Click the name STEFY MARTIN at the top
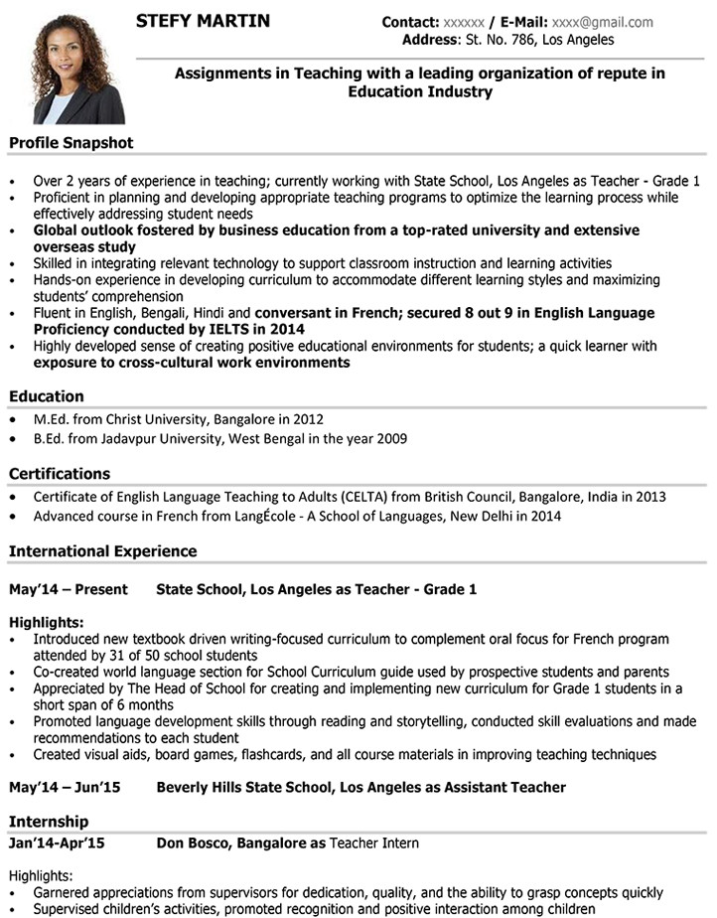click(x=203, y=21)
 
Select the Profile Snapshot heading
click(x=71, y=143)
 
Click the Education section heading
click(x=47, y=395)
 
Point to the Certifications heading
click(x=60, y=473)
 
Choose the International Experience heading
click(x=103, y=550)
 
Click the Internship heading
click(x=49, y=822)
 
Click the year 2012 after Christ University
click(x=308, y=419)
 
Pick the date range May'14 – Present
click(x=69, y=589)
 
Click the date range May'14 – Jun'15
click(x=65, y=787)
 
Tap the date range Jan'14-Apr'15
click(x=57, y=843)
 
